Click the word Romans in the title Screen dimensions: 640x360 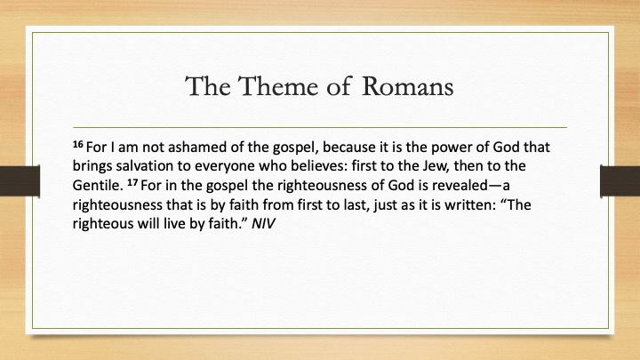tap(407, 86)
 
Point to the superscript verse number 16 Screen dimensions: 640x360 tap(78, 144)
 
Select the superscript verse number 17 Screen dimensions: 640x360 tap(132, 182)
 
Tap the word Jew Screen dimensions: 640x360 tap(429, 166)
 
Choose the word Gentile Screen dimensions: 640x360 tap(98, 185)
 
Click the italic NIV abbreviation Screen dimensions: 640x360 tap(264, 224)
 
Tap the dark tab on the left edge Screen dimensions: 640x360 tap(20, 180)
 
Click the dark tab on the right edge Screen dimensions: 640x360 tap(620, 180)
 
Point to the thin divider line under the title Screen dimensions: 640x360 tap(320, 127)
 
